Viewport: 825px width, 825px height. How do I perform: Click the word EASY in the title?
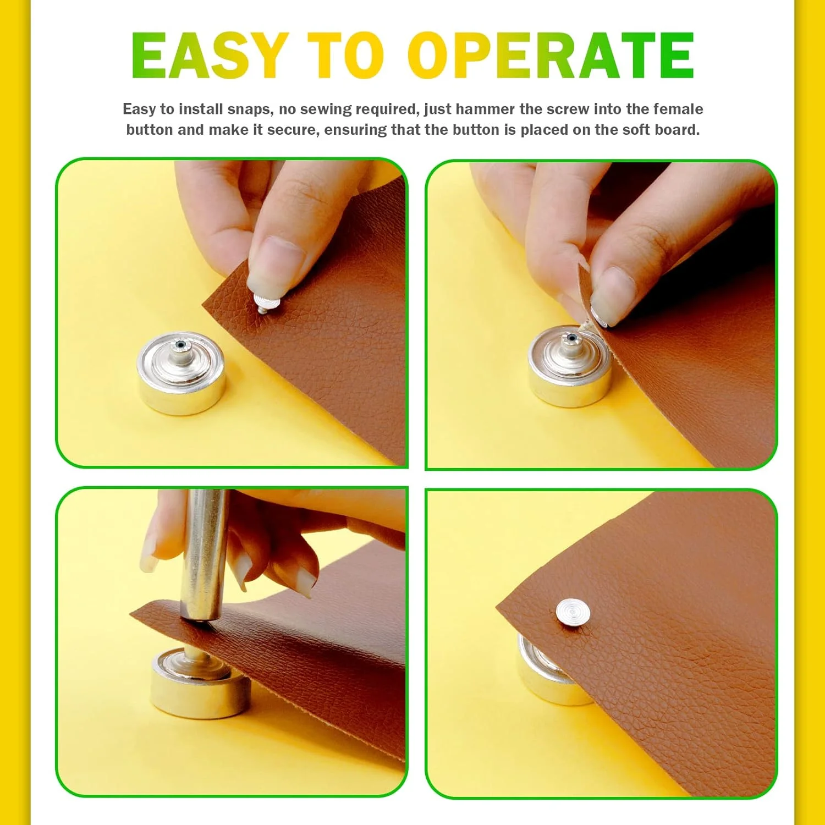[210, 56]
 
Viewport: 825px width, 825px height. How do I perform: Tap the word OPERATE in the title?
[551, 56]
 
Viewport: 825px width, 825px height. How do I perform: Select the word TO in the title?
[345, 56]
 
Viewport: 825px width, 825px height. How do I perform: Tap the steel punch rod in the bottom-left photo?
[204, 555]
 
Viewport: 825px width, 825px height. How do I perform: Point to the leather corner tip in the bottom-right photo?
[497, 607]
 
